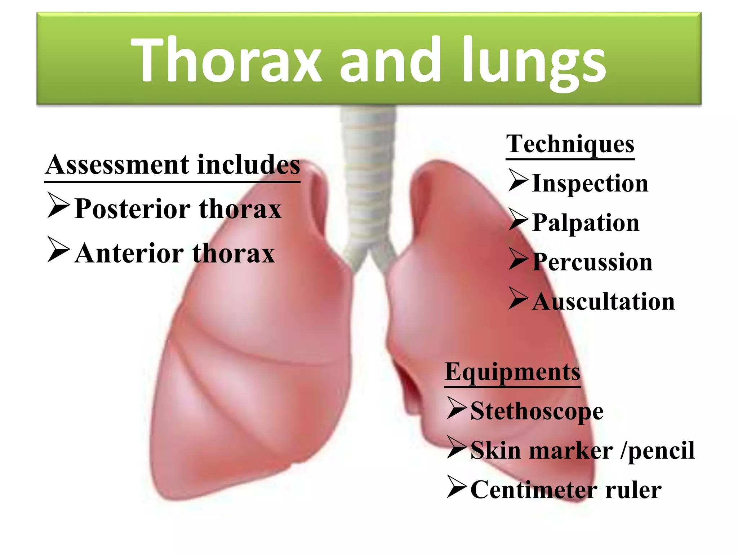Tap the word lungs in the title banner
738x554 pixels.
534,61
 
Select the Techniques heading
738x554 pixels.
570,144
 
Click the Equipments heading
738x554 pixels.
512,372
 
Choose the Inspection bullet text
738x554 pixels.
590,184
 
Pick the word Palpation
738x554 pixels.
586,223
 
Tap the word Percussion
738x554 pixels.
592,262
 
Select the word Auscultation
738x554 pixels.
603,302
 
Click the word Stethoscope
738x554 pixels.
537,412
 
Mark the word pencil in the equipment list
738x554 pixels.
661,451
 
